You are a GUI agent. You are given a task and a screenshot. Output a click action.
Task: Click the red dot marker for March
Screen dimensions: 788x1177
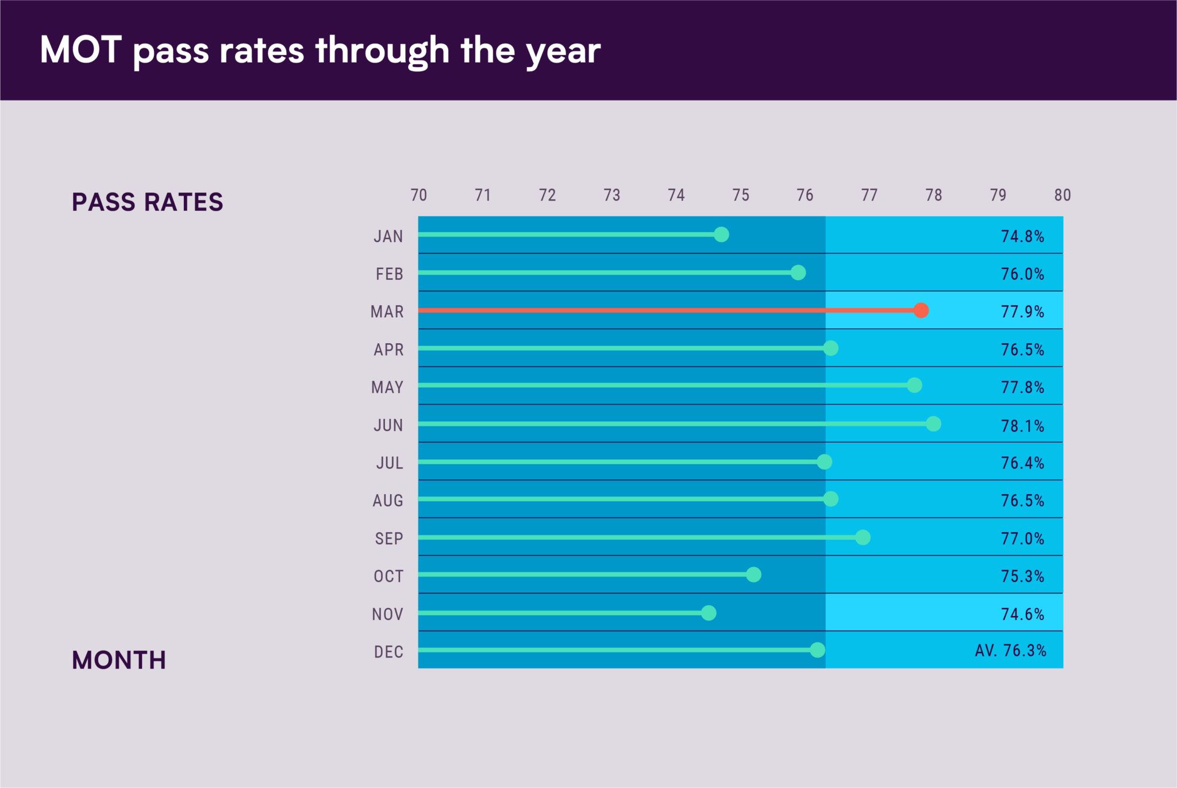(x=921, y=310)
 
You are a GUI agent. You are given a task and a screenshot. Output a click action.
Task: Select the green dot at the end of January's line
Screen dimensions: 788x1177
(x=721, y=235)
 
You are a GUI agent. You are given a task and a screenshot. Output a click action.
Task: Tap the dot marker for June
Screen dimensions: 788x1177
(x=933, y=424)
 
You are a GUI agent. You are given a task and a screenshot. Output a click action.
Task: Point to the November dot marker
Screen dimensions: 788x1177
(x=709, y=613)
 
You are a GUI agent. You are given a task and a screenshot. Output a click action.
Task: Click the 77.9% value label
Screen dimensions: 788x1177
(x=1022, y=312)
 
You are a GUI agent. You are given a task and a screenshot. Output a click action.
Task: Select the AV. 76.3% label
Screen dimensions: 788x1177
(x=1010, y=651)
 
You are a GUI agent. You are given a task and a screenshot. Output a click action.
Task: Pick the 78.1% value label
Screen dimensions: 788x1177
(x=1022, y=426)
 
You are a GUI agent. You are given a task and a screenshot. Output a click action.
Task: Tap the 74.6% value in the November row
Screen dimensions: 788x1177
(x=1022, y=614)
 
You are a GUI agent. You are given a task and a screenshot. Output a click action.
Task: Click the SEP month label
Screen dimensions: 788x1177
(x=389, y=539)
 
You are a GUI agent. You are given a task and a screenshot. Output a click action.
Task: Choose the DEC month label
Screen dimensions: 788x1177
(x=389, y=652)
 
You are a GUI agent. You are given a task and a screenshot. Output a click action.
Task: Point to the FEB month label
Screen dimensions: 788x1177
(x=389, y=274)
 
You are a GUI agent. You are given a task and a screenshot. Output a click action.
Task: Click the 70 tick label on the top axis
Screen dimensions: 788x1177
(x=418, y=195)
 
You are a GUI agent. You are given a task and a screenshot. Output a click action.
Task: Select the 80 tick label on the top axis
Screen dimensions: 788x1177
(x=1062, y=195)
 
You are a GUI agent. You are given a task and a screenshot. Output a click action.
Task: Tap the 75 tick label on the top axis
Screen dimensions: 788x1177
(x=740, y=195)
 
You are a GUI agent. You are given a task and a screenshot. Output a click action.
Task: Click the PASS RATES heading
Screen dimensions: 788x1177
(x=147, y=202)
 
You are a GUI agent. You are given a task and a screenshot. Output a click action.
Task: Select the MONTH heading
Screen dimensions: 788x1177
(x=119, y=660)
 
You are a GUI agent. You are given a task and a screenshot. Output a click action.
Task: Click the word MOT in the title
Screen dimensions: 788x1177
(x=80, y=50)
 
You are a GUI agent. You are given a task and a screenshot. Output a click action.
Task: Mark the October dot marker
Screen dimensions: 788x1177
(x=753, y=574)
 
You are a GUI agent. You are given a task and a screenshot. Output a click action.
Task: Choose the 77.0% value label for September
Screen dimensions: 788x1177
(x=1022, y=539)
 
